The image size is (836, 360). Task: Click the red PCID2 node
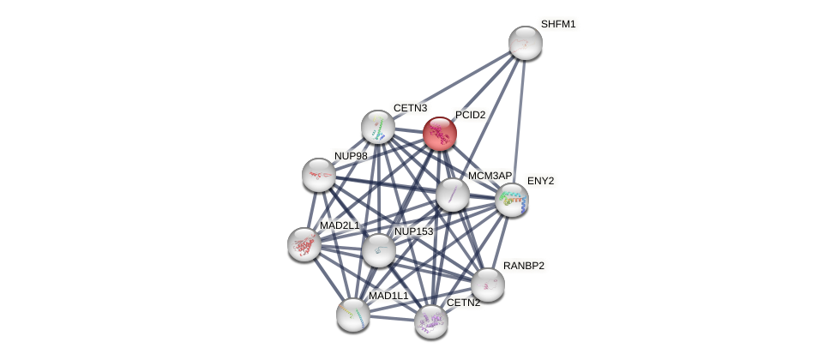pyautogui.click(x=440, y=134)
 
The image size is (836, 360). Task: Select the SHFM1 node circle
pyautogui.click(x=525, y=43)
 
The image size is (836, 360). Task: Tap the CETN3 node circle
pyautogui.click(x=378, y=127)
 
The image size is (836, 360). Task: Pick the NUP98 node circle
pyautogui.click(x=319, y=175)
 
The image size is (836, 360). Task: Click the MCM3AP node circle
pyautogui.click(x=453, y=195)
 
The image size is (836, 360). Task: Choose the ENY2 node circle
pyautogui.click(x=512, y=200)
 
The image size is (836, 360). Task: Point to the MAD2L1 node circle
pyautogui.click(x=304, y=244)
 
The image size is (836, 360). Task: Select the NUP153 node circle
pyautogui.click(x=378, y=250)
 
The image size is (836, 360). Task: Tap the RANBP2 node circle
pyautogui.click(x=488, y=285)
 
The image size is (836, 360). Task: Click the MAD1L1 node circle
pyautogui.click(x=353, y=315)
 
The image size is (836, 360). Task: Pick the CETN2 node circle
pyautogui.click(x=430, y=321)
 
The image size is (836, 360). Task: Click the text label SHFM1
pyautogui.click(x=558, y=24)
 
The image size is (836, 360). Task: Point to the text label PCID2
pyautogui.click(x=470, y=115)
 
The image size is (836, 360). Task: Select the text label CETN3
pyautogui.click(x=410, y=108)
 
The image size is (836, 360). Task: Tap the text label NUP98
pyautogui.click(x=351, y=156)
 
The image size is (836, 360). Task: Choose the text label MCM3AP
pyautogui.click(x=490, y=176)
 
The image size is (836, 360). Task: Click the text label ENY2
pyautogui.click(x=540, y=181)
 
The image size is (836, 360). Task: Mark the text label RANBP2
pyautogui.click(x=523, y=266)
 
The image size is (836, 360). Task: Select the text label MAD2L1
pyautogui.click(x=340, y=225)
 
